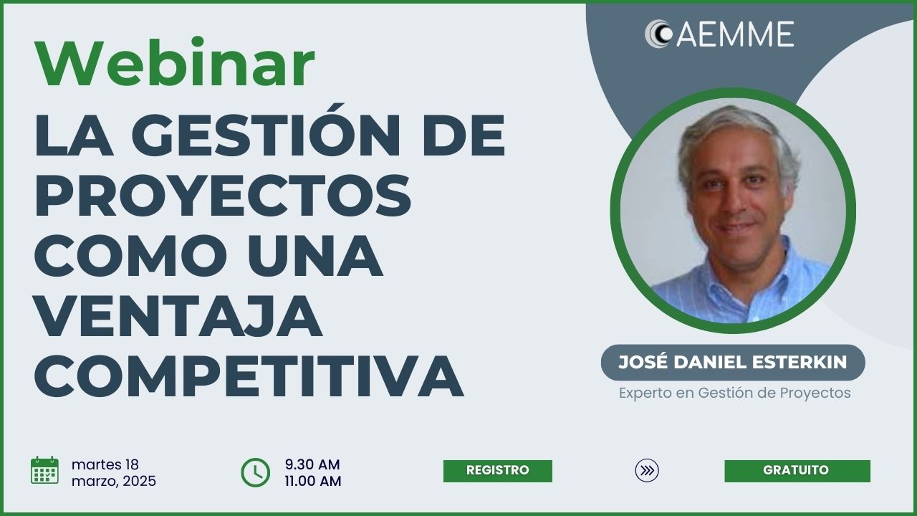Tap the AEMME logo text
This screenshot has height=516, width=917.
[x=735, y=34]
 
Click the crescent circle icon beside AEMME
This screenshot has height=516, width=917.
[x=658, y=34]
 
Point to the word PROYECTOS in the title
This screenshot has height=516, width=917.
[x=223, y=196]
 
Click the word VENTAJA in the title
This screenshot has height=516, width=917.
[x=179, y=316]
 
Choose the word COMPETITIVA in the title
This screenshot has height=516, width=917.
[x=249, y=376]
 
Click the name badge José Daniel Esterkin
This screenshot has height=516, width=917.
[x=733, y=363]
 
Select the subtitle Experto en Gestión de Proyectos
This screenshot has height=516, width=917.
[x=735, y=393]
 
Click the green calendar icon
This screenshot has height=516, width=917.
[x=44, y=470]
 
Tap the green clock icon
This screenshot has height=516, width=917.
[x=256, y=472]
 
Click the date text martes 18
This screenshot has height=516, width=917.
[x=105, y=464]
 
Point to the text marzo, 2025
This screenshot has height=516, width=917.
[x=114, y=481]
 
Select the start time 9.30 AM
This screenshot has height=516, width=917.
[x=312, y=464]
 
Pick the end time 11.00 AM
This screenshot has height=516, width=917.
[x=313, y=481]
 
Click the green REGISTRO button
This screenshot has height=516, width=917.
[x=498, y=471]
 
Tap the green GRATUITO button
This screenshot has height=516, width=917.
[x=797, y=471]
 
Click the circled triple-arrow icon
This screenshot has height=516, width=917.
[x=647, y=471]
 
